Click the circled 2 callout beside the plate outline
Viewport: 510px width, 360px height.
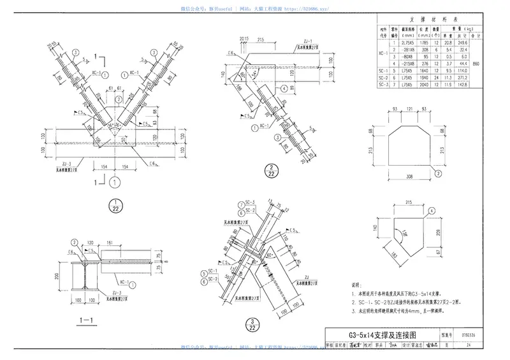(438, 173)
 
